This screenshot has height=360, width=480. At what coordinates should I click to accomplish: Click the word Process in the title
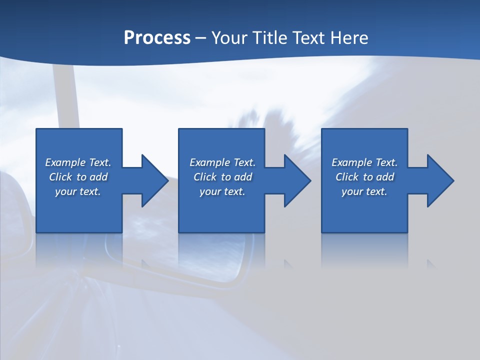point(157,38)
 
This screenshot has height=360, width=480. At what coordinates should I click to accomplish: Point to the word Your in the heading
point(228,38)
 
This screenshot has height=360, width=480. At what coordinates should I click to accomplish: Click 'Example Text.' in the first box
point(78,162)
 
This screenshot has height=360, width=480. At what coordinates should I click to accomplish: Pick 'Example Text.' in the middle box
point(222,162)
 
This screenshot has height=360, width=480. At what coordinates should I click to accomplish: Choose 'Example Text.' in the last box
point(364,162)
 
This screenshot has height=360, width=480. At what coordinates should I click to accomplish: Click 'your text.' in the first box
point(78,191)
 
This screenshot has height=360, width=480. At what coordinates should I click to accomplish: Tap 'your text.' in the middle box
point(222,191)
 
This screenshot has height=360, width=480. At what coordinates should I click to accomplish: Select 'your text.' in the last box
point(364,191)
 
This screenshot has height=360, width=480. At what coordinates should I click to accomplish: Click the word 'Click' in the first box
point(60,177)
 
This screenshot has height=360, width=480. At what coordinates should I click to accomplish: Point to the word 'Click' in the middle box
point(205,177)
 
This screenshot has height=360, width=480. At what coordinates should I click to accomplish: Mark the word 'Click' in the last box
point(347,177)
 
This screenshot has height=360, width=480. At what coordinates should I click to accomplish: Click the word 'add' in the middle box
point(243,177)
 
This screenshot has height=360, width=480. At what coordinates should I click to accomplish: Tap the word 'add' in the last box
point(385,177)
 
